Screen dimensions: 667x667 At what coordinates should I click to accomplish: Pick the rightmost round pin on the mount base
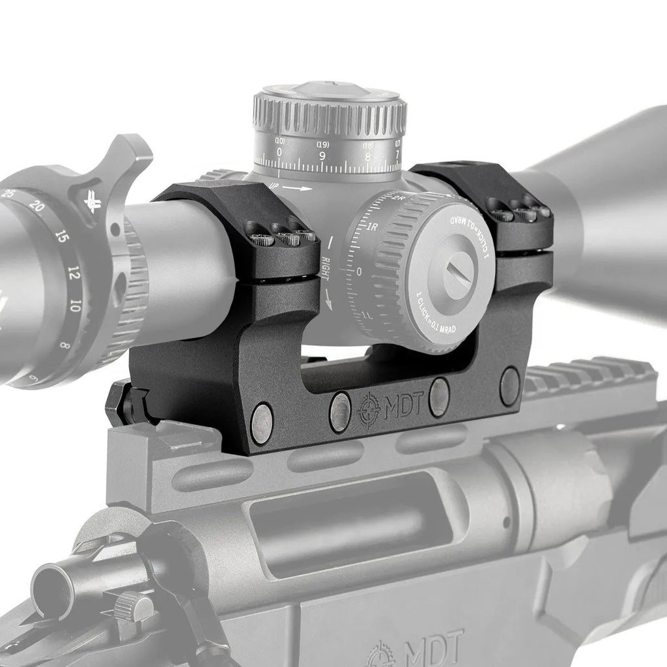[509, 387]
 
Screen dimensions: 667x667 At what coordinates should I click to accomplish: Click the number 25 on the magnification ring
[10, 193]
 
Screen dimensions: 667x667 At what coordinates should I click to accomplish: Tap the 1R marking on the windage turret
[373, 227]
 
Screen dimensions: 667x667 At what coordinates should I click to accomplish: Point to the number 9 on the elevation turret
[322, 155]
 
